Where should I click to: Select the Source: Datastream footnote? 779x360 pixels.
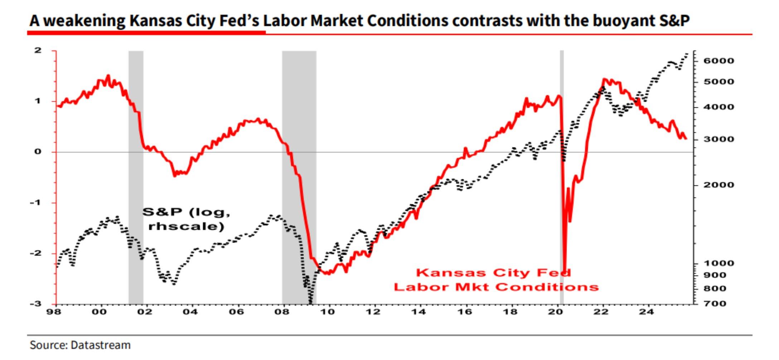[80, 345]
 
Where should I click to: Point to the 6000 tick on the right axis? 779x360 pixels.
[718, 61]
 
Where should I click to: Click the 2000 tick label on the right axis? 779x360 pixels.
[718, 185]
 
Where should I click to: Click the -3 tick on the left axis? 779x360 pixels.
[36, 304]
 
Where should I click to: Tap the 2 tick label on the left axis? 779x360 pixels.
[38, 50]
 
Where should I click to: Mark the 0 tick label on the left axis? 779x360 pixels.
[38, 152]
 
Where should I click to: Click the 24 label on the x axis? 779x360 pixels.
[647, 312]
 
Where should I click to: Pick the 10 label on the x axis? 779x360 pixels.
[327, 312]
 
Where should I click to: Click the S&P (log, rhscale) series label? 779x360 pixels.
[186, 219]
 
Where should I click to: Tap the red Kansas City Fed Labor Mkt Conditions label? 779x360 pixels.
[496, 280]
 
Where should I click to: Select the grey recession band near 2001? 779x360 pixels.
[136, 179]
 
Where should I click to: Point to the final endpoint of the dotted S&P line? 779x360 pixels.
[687, 54]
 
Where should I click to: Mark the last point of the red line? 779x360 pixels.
[686, 138]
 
